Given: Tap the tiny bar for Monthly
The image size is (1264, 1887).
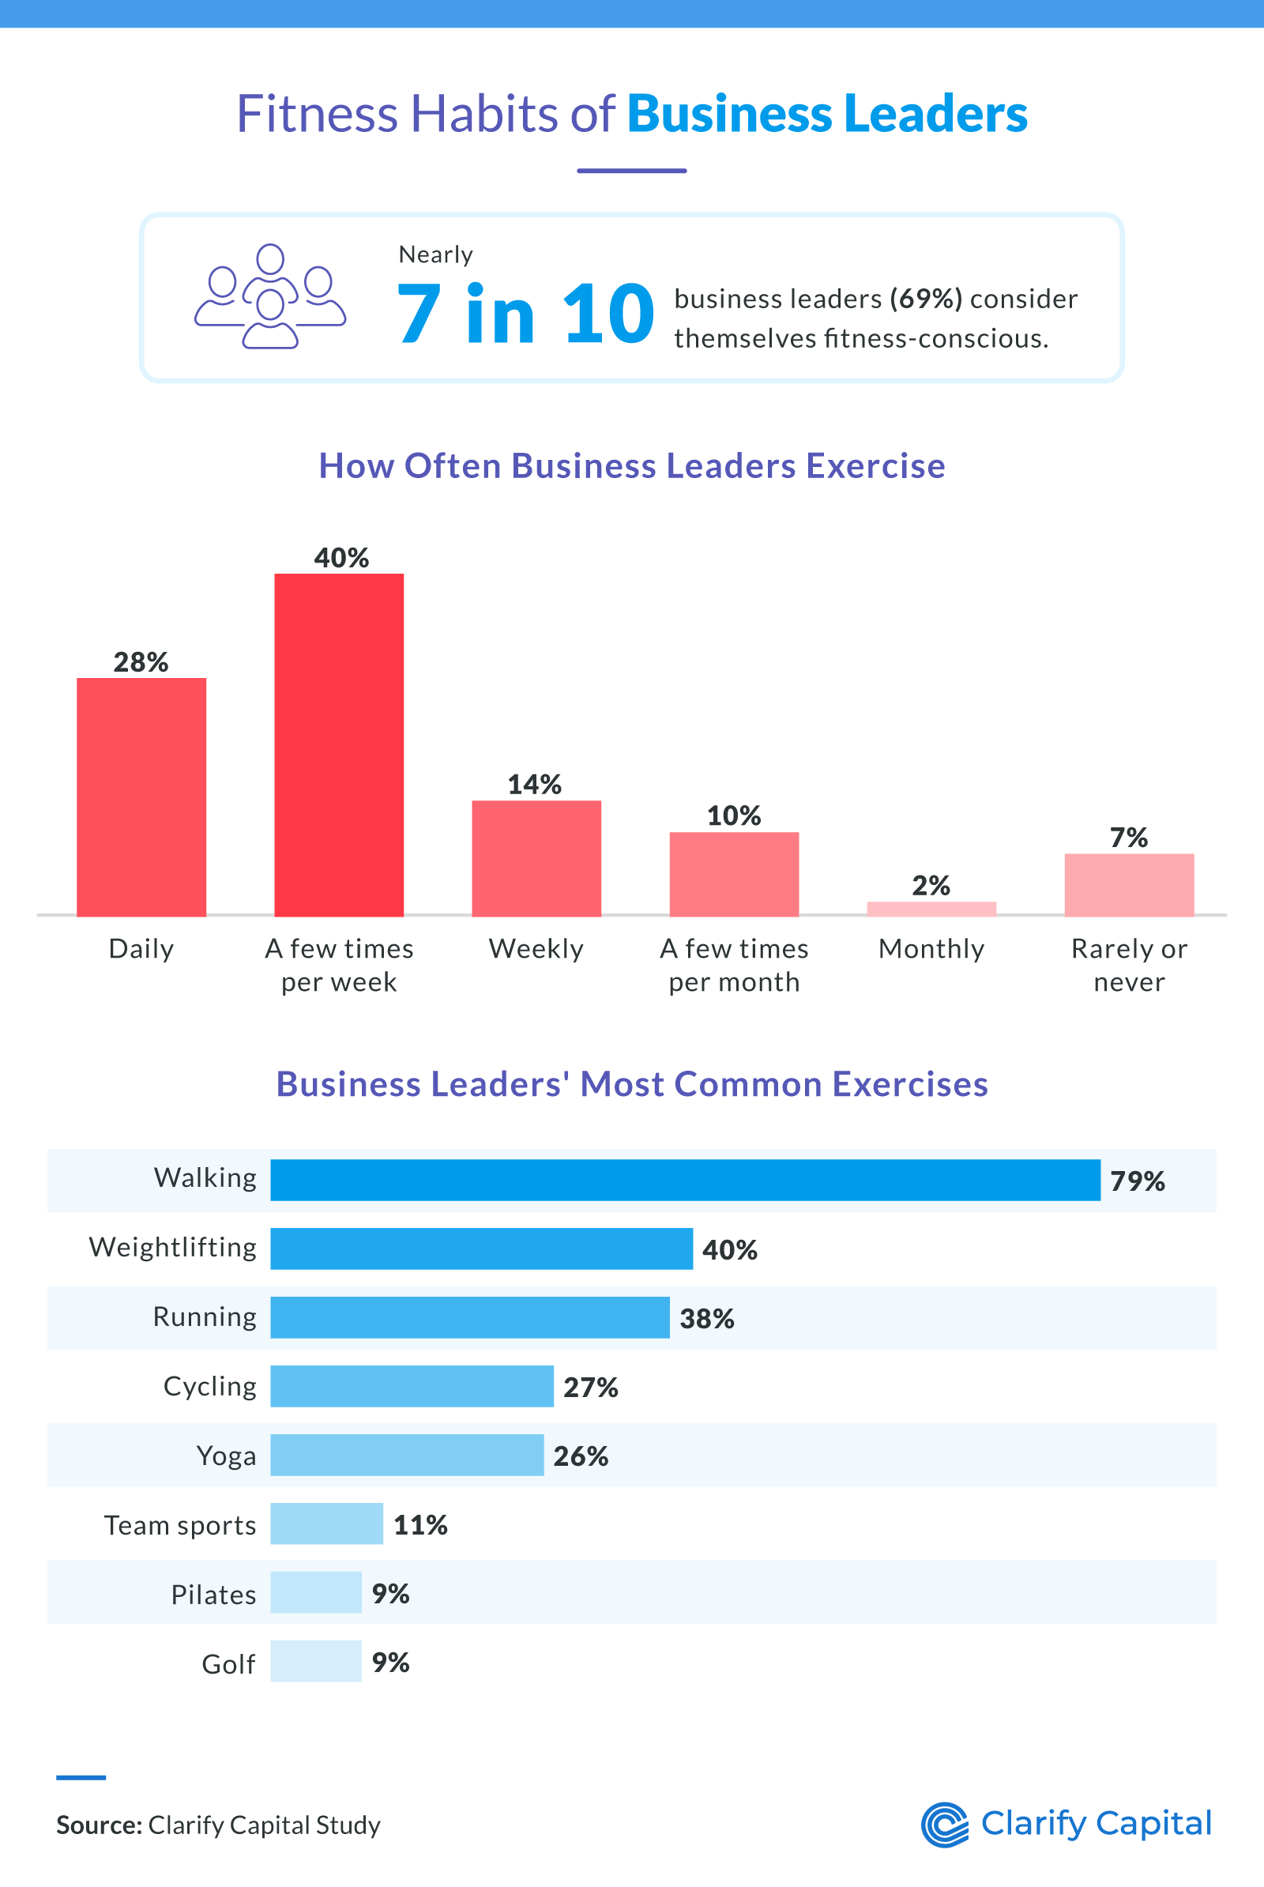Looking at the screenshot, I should coord(931,908).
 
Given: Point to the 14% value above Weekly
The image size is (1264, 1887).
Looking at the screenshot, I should coord(535,785).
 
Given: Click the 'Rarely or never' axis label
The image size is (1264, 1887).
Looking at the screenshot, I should coord(1129,965).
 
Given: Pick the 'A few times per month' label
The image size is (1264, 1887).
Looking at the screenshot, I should coord(734,965).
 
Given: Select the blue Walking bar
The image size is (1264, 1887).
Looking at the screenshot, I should coord(685,1180).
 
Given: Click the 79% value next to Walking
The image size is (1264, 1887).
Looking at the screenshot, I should coord(1137,1181).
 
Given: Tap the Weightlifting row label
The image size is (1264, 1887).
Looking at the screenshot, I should coord(172,1248).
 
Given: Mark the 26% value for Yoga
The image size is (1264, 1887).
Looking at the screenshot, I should coord(581,1456).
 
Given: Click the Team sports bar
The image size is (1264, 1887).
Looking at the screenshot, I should coord(326,1524).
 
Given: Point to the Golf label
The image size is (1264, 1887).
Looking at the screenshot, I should coord(228,1663).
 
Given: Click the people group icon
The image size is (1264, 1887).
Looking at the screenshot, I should coord(270,296).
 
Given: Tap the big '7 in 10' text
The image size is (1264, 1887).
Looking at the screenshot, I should coord(525,314).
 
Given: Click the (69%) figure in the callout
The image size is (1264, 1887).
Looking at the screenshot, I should coord(925,299).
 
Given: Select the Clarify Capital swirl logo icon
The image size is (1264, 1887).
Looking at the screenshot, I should coord(945,1824).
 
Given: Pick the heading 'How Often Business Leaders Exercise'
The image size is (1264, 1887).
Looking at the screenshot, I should coord(631,466).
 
